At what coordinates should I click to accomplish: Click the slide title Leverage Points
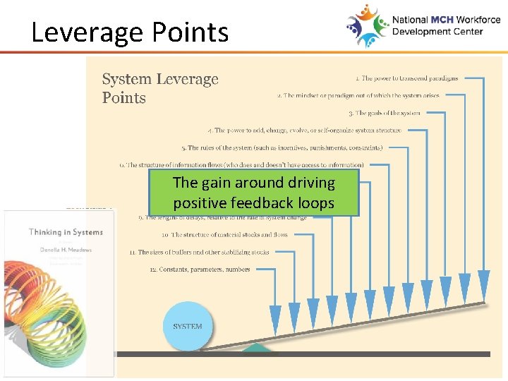point(130,32)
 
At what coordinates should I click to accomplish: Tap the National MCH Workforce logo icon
point(367,25)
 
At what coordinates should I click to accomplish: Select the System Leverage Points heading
point(160,89)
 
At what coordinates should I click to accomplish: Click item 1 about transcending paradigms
point(406,78)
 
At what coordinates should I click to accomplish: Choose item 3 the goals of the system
point(384,113)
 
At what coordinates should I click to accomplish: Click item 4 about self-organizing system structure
point(305,131)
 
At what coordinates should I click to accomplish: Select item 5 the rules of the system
point(282,148)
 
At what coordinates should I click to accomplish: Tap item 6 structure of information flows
point(241,165)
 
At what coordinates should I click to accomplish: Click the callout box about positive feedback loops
point(253,193)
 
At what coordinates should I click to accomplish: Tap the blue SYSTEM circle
point(188,326)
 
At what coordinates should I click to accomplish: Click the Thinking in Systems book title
point(66,232)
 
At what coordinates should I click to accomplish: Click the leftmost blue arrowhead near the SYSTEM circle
point(275,316)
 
